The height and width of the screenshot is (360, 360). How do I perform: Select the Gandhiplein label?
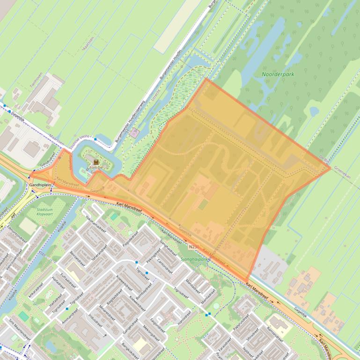(41, 186)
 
